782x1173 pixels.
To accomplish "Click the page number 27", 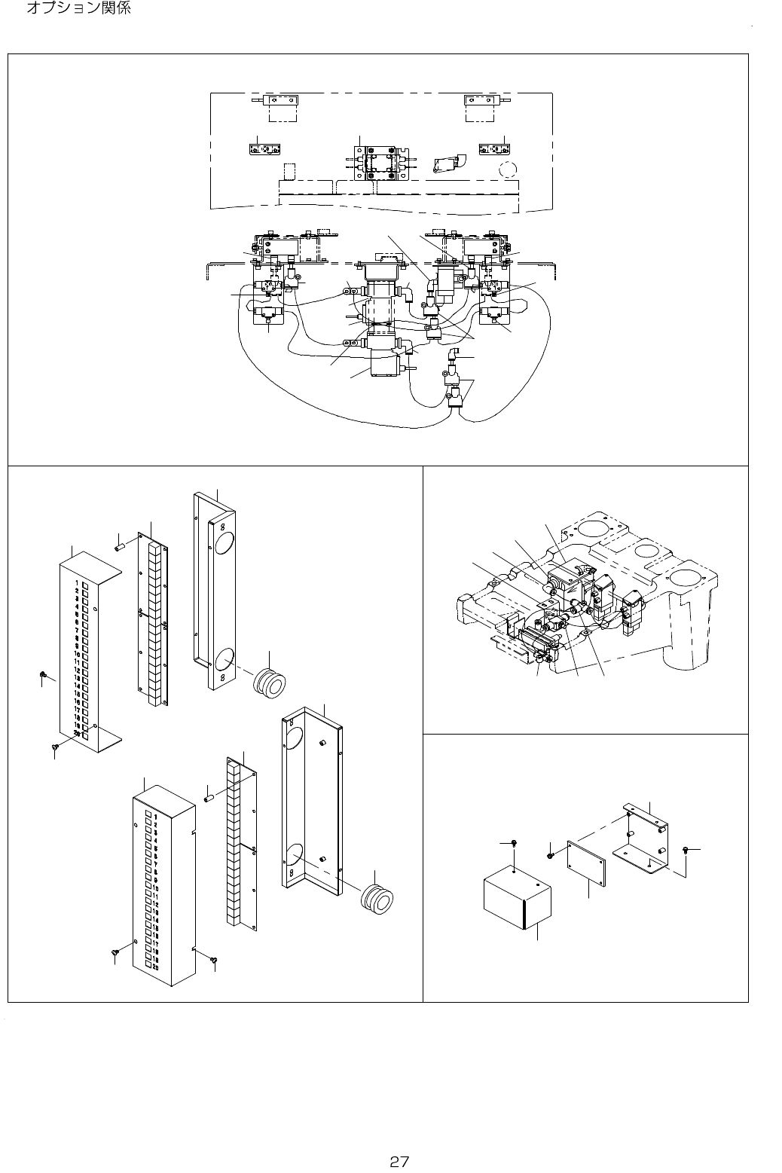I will pyautogui.click(x=399, y=1140).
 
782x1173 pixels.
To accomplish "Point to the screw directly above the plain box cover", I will pyautogui.click(x=513, y=842).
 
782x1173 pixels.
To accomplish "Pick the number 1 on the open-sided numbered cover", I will pyautogui.click(x=78, y=583).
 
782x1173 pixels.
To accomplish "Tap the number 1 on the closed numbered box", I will pyautogui.click(x=155, y=817).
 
